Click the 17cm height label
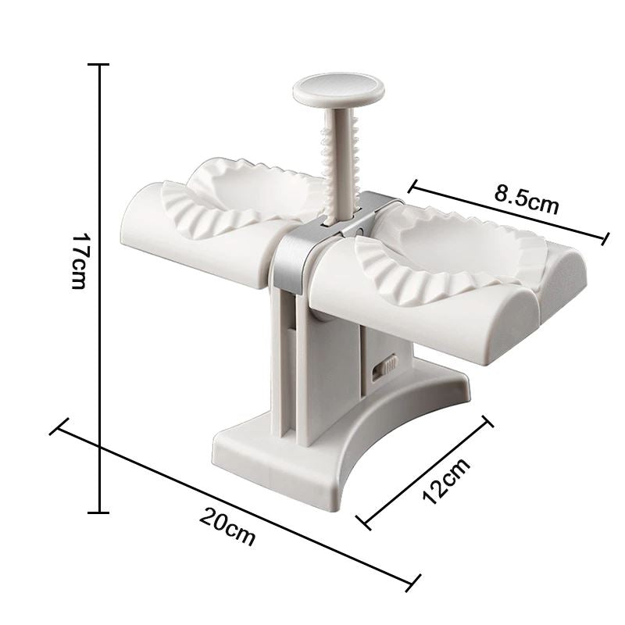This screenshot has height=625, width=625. [x=79, y=260]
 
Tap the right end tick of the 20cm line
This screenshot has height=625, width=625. [x=411, y=581]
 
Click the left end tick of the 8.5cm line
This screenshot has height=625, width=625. [x=412, y=186]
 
